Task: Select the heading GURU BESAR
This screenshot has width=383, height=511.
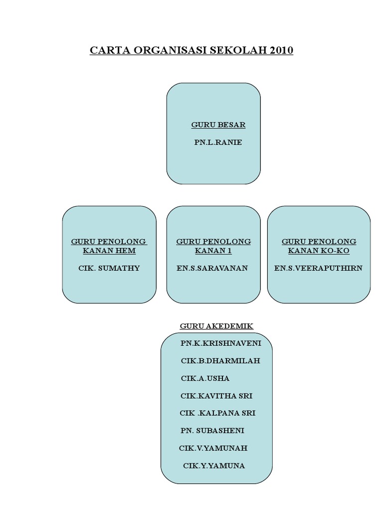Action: click(x=218, y=125)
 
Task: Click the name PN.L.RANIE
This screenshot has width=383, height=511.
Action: click(x=218, y=142)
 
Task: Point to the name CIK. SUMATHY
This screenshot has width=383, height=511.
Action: click(x=109, y=268)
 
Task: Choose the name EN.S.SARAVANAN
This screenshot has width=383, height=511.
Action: click(x=212, y=268)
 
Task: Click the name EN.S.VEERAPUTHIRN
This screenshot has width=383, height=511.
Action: click(x=319, y=268)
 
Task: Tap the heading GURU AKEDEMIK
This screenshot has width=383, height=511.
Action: click(x=216, y=326)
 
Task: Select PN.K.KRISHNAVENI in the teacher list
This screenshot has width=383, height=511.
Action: click(x=220, y=343)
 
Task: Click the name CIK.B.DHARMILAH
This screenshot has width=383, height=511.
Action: click(x=220, y=360)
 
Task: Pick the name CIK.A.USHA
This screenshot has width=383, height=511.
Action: click(x=205, y=378)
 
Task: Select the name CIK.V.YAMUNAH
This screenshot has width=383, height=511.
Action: click(x=213, y=448)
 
